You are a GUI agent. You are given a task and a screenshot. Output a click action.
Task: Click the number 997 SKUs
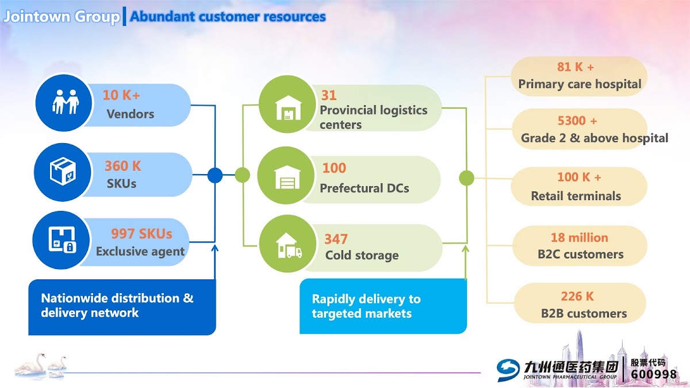(141, 234)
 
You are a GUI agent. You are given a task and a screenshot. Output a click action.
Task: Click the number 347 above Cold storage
(336, 239)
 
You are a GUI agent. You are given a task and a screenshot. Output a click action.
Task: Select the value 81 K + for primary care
(576, 67)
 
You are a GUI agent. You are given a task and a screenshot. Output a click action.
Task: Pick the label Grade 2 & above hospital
(594, 138)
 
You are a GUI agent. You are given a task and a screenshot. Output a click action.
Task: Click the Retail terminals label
(576, 196)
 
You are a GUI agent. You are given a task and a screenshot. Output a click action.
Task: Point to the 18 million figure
(579, 237)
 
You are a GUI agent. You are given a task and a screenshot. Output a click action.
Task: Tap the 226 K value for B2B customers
(577, 297)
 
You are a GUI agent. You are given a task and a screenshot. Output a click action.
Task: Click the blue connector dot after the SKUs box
(214, 175)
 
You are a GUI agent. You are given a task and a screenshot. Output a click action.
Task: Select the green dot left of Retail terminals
(466, 178)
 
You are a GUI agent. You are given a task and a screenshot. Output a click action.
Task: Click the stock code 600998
(654, 374)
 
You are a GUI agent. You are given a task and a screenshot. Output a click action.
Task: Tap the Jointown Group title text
(62, 17)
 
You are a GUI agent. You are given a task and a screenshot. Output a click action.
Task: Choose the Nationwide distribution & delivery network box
(122, 306)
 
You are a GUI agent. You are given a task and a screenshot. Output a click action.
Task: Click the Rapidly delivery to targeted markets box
(382, 306)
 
